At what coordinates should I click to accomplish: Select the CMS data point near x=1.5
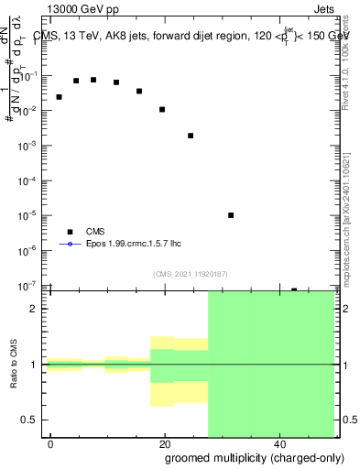tap(59, 96)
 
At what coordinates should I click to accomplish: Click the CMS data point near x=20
tap(162, 109)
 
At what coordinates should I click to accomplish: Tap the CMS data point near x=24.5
tap(191, 136)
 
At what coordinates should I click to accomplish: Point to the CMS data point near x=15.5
tap(139, 91)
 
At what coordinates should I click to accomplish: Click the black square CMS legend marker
tap(70, 232)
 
